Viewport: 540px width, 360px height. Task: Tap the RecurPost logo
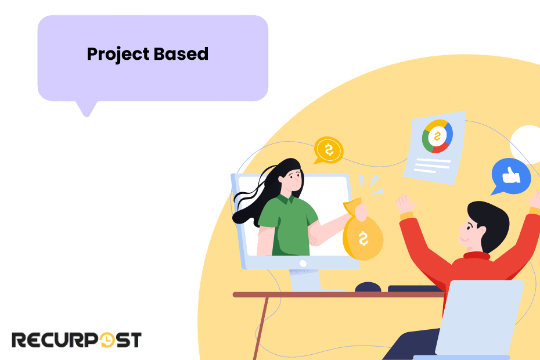76,340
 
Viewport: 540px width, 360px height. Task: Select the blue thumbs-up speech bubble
510,175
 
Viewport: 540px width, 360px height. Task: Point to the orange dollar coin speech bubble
329,150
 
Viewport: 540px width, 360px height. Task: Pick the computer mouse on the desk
368,287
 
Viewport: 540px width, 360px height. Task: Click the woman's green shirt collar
285,200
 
